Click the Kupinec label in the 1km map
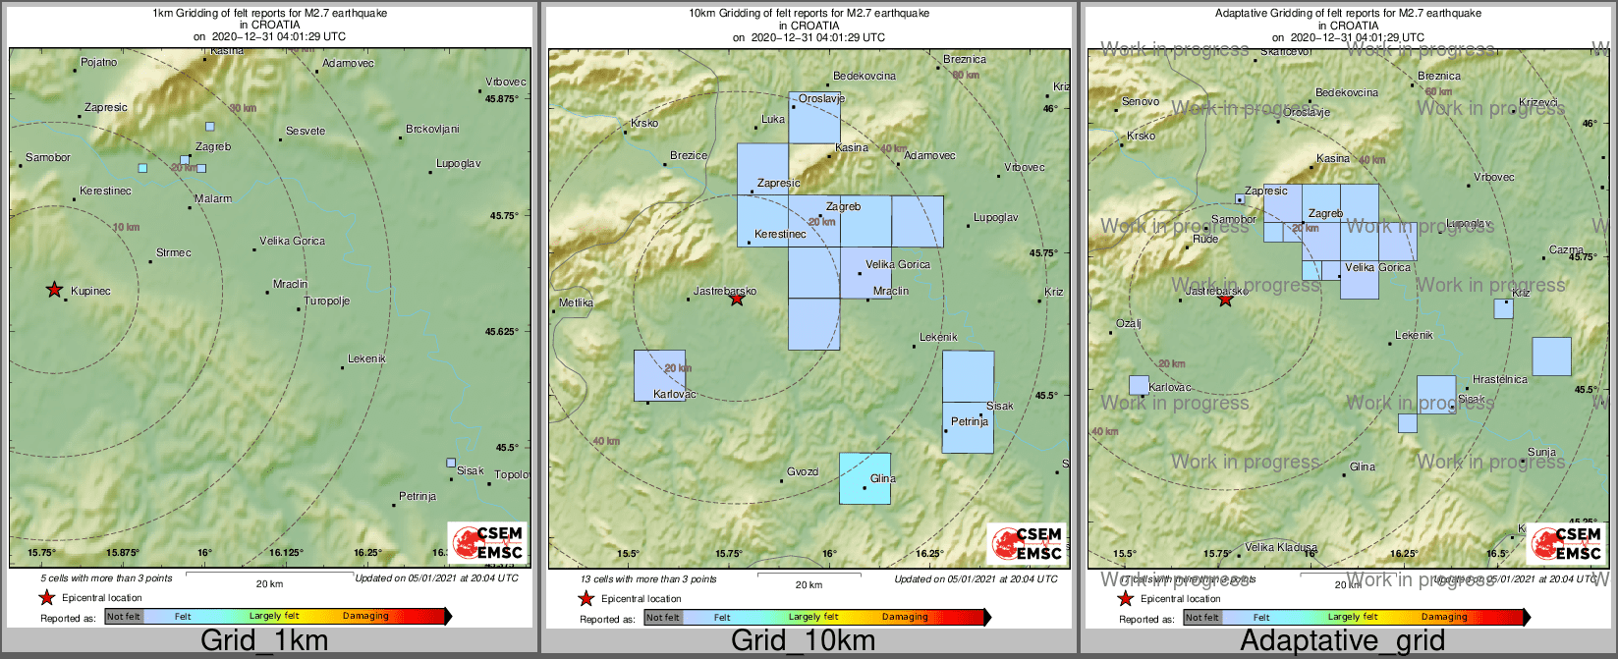(90, 292)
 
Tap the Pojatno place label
(98, 63)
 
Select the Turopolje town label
(326, 302)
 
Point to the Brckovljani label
(432, 130)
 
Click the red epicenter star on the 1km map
(54, 289)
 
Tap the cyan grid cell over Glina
(865, 478)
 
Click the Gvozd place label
(803, 472)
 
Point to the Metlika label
(576, 302)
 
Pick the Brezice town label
(689, 155)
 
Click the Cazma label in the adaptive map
(1566, 249)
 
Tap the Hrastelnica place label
(1500, 379)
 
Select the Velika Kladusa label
(1281, 547)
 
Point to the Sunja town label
(1541, 453)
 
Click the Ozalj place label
(1129, 324)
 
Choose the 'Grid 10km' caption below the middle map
(803, 641)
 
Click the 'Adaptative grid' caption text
(1342, 641)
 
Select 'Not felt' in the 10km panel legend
(663, 618)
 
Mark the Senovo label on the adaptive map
(1141, 102)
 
